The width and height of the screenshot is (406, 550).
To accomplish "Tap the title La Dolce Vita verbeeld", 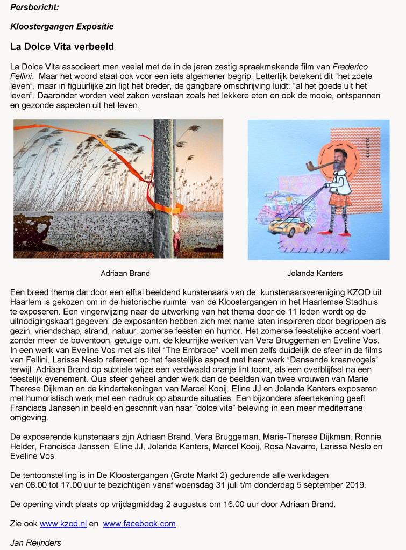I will point(62,47).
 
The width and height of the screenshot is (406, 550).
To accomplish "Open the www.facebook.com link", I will point(139,523).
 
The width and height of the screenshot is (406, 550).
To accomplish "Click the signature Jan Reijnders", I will point(35,542).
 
